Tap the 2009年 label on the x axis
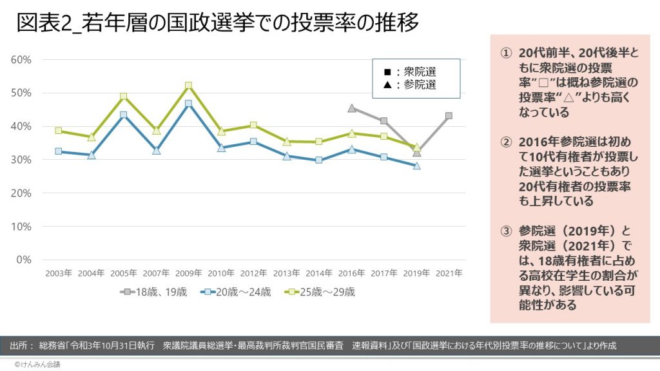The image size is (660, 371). pyautogui.click(x=188, y=273)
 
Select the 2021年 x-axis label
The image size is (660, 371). pyautogui.click(x=449, y=273)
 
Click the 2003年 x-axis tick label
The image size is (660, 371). pyautogui.click(x=58, y=273)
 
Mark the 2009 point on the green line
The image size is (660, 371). pyautogui.click(x=188, y=86)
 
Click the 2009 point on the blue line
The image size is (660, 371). pyautogui.click(x=188, y=104)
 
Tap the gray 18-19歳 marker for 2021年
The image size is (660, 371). pyautogui.click(x=449, y=116)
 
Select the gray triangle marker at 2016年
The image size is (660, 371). pyautogui.click(x=351, y=108)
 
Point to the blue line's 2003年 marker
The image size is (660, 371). pyautogui.click(x=58, y=151)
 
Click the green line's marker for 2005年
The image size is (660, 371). pyautogui.click(x=123, y=97)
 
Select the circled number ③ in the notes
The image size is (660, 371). pyautogui.click(x=506, y=231)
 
